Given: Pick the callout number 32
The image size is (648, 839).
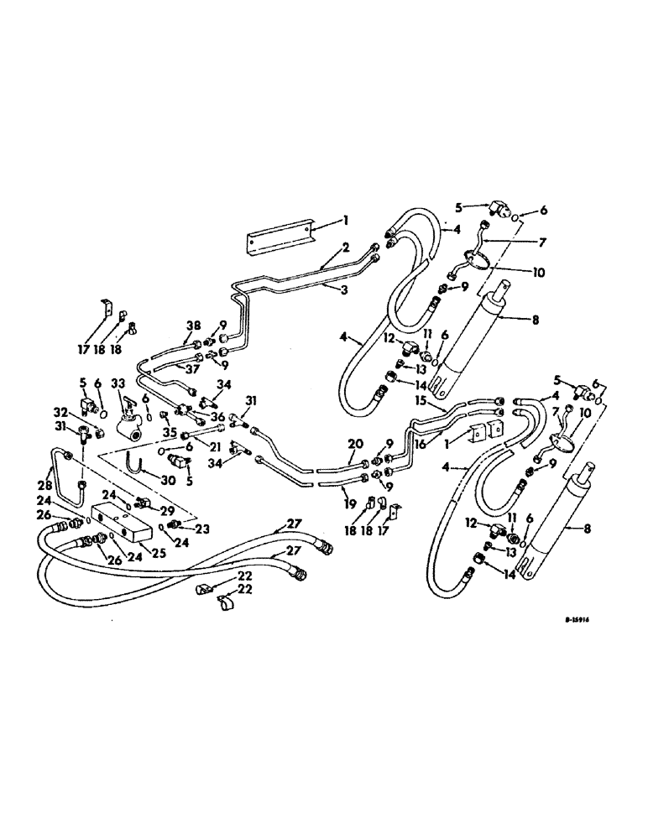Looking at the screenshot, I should [x=59, y=412].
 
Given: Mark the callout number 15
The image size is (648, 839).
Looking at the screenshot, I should [x=420, y=403].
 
